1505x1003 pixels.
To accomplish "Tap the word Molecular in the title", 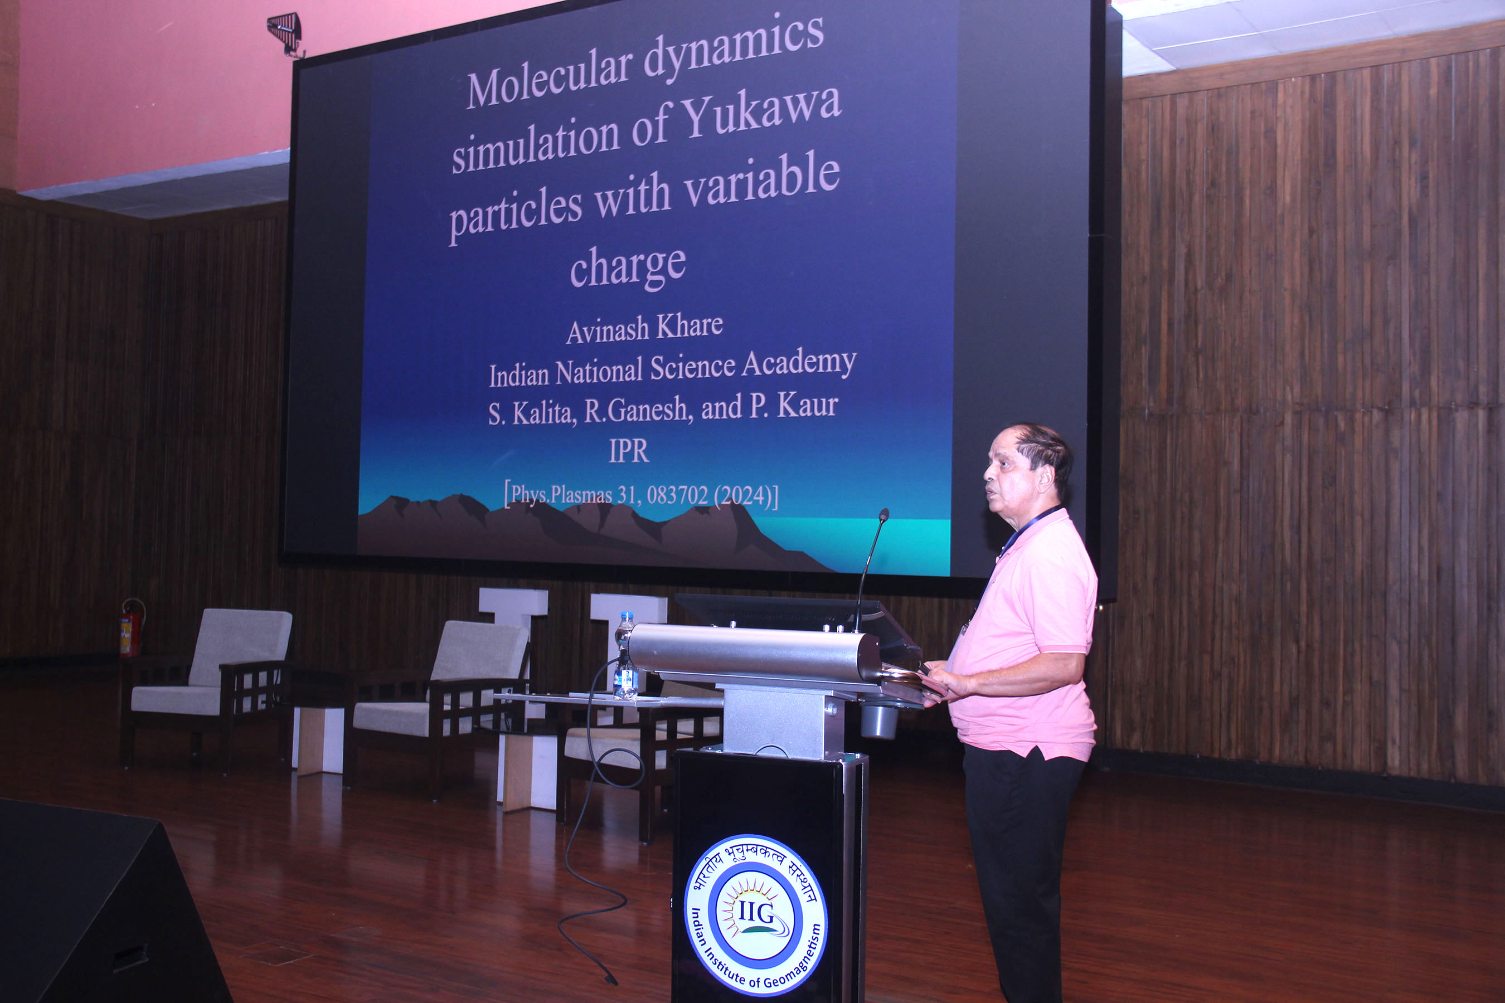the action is (x=550, y=80).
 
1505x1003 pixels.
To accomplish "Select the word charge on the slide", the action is (x=628, y=267).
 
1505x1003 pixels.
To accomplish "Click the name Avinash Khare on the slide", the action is (x=644, y=329).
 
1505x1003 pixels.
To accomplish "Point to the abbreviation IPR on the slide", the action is (x=628, y=451).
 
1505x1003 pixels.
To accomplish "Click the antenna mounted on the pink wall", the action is (x=285, y=32).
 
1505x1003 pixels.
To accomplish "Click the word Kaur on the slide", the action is (x=808, y=406).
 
